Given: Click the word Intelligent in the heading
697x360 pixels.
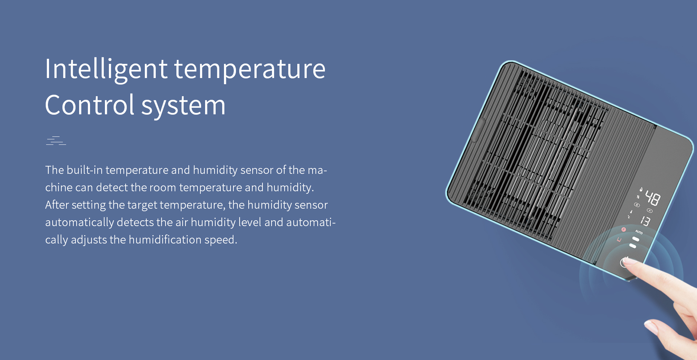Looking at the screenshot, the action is [106, 69].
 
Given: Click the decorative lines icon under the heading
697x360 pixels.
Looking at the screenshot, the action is [56, 140].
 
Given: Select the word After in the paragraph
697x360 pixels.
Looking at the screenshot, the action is [57, 205].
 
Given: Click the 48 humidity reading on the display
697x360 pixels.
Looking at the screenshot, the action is [653, 199].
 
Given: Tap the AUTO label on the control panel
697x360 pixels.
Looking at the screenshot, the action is [639, 232].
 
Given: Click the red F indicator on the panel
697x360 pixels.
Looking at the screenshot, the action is [624, 229].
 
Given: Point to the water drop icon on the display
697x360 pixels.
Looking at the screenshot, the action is [641, 189].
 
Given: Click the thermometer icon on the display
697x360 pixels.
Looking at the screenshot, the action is [631, 212].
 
